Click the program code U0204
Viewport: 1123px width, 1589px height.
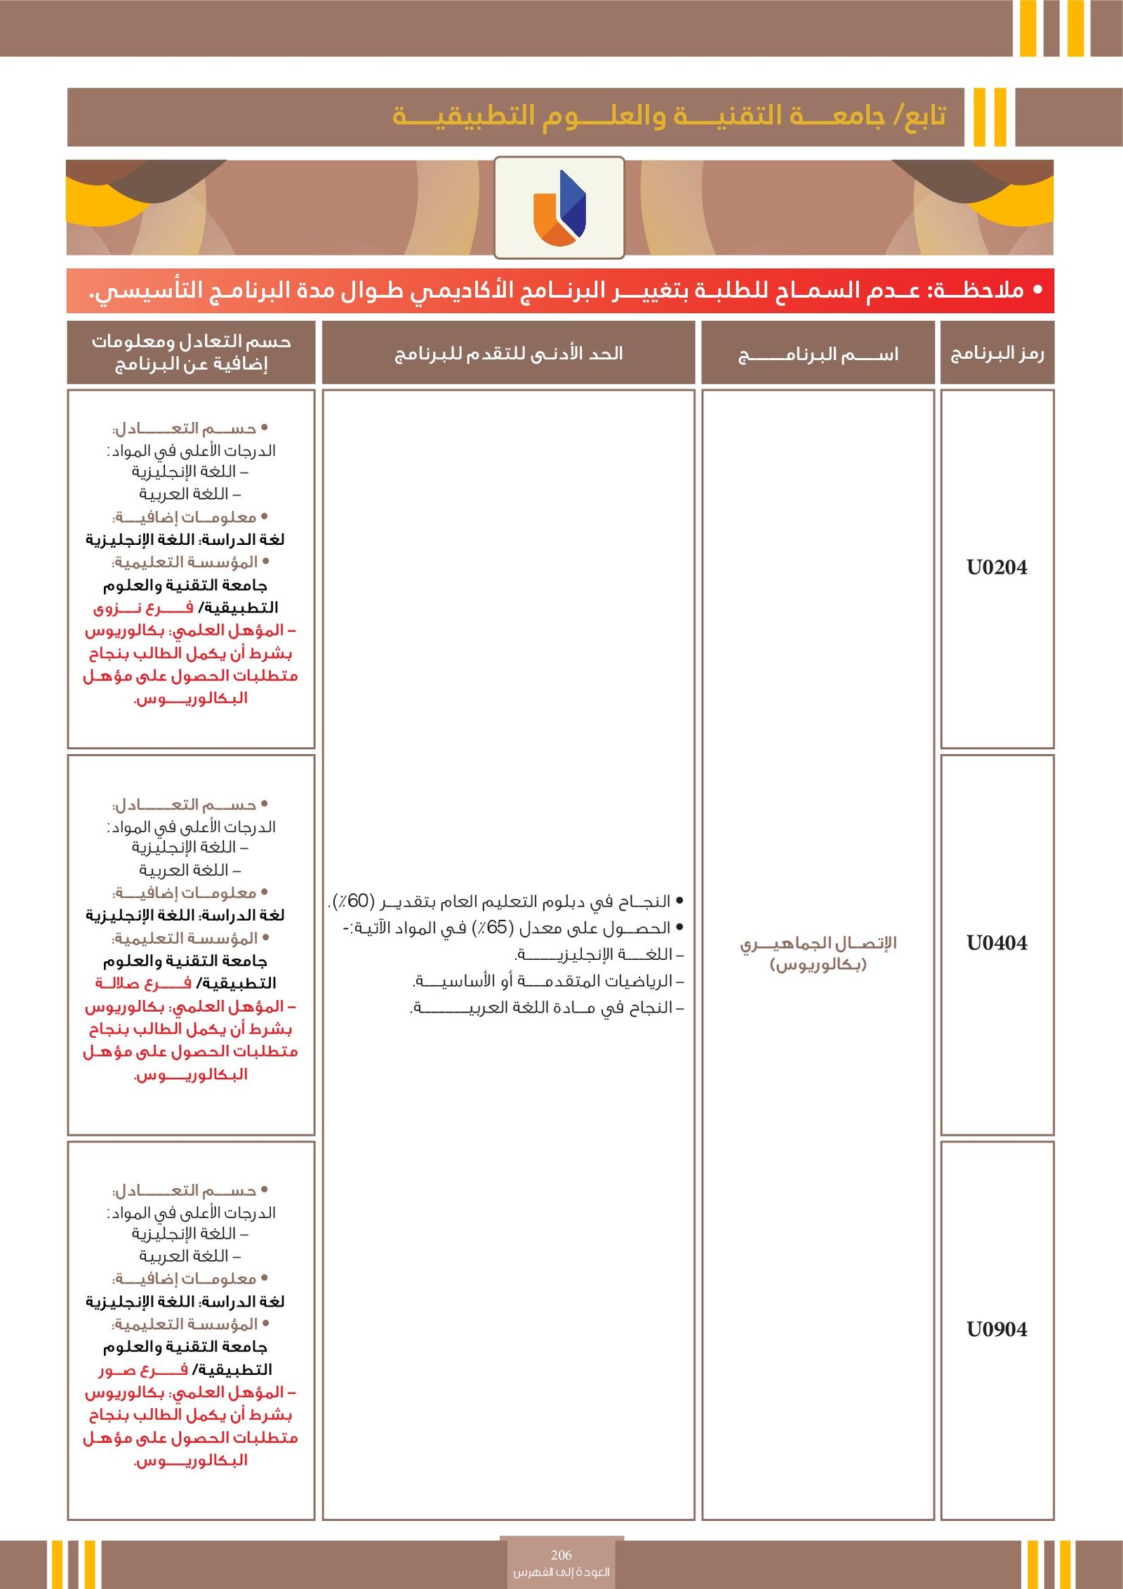click(996, 567)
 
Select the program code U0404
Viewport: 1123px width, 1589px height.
click(996, 943)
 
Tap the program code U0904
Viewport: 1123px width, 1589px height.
click(996, 1329)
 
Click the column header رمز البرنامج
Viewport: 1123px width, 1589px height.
click(997, 353)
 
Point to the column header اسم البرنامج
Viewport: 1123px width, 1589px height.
click(818, 354)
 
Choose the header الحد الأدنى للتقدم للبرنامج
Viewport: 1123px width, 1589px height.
click(508, 353)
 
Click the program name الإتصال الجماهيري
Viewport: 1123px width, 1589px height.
click(818, 943)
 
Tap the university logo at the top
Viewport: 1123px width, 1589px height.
click(559, 208)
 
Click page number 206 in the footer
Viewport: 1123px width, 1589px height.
click(561, 1555)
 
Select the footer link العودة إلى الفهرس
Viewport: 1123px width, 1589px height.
click(561, 1572)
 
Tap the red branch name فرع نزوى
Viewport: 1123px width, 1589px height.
click(143, 608)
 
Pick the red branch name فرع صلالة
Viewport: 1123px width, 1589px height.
click(143, 984)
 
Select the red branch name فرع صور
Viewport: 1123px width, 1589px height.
click(143, 1370)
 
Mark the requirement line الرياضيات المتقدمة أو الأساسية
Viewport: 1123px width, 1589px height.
click(547, 981)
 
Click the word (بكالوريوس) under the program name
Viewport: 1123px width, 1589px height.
click(818, 965)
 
